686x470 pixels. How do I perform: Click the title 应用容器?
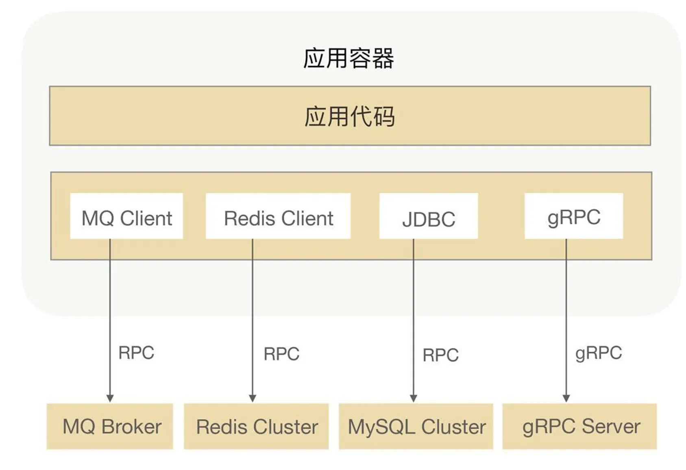pyautogui.click(x=348, y=58)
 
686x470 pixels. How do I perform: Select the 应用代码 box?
pyautogui.click(x=350, y=116)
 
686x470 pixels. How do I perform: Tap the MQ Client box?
pyautogui.click(x=126, y=216)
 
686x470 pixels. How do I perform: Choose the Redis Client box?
pyautogui.click(x=278, y=216)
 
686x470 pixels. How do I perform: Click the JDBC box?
pyautogui.click(x=429, y=216)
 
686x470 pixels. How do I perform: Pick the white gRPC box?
pyautogui.click(x=574, y=216)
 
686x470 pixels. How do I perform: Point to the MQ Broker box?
pyautogui.click(x=110, y=426)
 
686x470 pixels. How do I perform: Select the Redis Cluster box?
pyautogui.click(x=256, y=426)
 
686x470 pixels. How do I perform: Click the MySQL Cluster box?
pyautogui.click(x=416, y=426)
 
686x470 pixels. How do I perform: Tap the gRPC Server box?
pyautogui.click(x=580, y=426)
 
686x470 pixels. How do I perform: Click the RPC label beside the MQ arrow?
pyautogui.click(x=136, y=353)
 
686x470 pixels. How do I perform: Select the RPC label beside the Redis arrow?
pyautogui.click(x=281, y=354)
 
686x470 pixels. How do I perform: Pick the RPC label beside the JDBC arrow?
pyautogui.click(x=441, y=355)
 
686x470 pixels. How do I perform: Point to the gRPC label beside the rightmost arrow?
pyautogui.click(x=599, y=353)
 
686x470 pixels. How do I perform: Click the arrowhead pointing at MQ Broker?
pyautogui.click(x=110, y=398)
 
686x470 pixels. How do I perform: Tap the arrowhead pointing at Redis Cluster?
pyautogui.click(x=253, y=398)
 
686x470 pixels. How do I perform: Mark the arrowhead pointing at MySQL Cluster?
pyautogui.click(x=414, y=398)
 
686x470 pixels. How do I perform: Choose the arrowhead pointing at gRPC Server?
pyautogui.click(x=566, y=398)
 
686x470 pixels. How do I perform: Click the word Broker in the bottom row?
pyautogui.click(x=132, y=426)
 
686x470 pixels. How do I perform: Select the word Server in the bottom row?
pyautogui.click(x=611, y=426)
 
